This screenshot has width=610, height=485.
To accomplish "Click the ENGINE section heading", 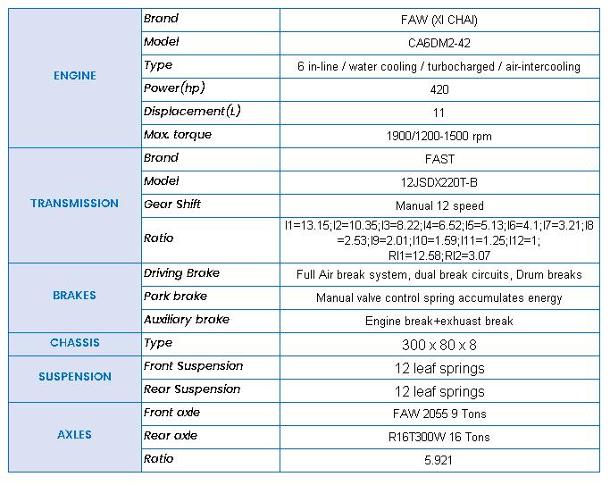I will coord(74,76).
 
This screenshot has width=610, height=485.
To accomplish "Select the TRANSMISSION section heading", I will coord(74,204).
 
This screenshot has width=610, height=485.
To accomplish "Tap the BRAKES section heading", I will coord(74,296).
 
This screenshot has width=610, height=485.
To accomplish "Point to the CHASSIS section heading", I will coord(74,343).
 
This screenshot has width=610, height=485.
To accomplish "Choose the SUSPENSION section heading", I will coord(74,377).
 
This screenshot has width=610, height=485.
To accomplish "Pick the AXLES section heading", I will coord(74,435).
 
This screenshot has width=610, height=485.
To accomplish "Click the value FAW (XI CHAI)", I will coord(439,20).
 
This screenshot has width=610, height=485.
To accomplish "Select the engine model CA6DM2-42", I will coord(439,43).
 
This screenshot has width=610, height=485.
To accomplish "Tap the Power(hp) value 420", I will coord(439,89).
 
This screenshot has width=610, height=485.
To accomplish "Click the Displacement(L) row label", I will coord(193,112).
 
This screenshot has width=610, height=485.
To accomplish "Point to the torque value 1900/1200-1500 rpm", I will coord(439,137).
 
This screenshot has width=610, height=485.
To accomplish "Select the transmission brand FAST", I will coord(439,159).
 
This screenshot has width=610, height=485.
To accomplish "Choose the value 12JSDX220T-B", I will coord(439,182).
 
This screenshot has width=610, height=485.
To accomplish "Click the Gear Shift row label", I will coord(172,205).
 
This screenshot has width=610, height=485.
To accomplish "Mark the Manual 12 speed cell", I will coord(439,205).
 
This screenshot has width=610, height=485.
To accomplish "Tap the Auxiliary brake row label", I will coord(187,320).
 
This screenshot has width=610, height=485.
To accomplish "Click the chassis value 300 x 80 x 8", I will coord(439,344).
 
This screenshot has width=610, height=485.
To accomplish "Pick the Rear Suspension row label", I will coord(193,389).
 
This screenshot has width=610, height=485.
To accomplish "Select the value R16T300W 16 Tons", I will coord(440,437).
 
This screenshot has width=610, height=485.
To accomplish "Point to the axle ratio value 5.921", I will coord(439,460).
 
